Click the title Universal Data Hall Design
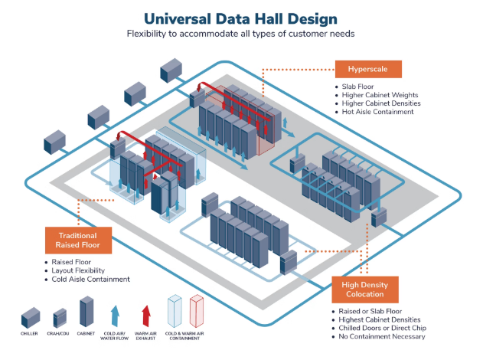(241, 17)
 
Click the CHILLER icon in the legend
(30, 316)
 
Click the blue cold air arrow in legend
(114, 314)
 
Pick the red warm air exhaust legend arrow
(145, 314)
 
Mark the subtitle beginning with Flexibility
(241, 34)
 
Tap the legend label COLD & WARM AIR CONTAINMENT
(186, 337)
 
